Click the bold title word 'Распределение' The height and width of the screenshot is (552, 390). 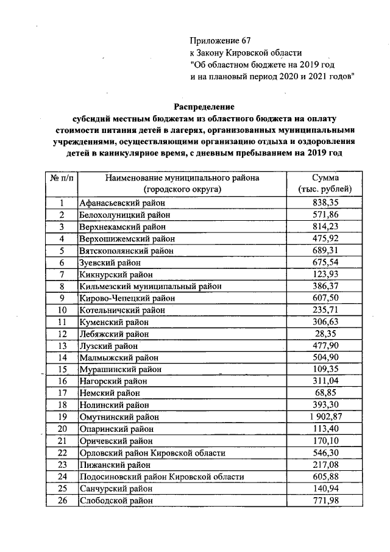(x=204, y=106)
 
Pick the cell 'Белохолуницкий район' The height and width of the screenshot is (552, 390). (x=124, y=215)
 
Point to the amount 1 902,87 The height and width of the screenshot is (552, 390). (x=321, y=418)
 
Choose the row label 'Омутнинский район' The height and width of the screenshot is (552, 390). (x=119, y=418)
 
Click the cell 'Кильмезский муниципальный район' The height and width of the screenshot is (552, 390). (x=150, y=286)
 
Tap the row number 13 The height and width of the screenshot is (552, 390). (x=62, y=346)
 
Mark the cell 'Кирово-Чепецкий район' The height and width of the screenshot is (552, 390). (x=127, y=298)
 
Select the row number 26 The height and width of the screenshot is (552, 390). (x=62, y=501)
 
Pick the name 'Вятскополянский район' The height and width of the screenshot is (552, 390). (x=126, y=251)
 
